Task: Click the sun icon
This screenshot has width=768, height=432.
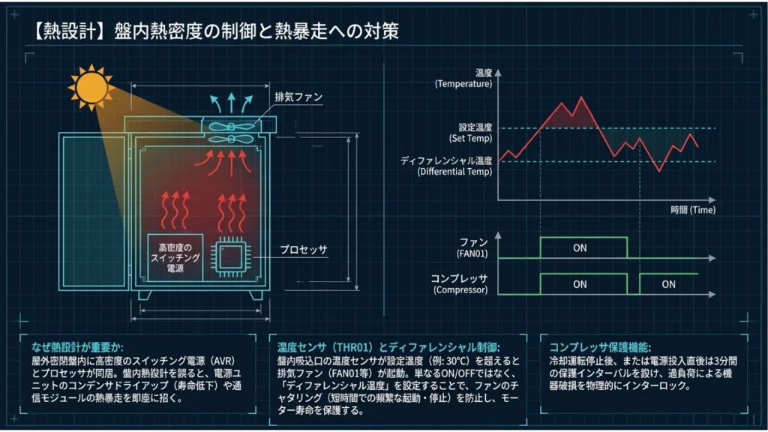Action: tap(91, 88)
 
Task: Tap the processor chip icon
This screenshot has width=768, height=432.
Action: tap(231, 257)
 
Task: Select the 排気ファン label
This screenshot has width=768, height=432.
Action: tap(298, 97)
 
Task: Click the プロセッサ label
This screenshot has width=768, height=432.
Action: tap(303, 249)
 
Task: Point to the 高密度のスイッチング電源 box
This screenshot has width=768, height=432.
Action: tap(175, 258)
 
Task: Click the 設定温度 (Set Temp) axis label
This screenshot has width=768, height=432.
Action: tap(471, 133)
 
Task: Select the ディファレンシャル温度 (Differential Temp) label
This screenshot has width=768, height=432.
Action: tap(446, 166)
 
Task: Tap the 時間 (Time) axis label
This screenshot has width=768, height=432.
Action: tap(693, 210)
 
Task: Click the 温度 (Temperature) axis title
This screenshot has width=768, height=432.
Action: tap(463, 78)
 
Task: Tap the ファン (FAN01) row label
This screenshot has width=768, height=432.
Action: tap(472, 247)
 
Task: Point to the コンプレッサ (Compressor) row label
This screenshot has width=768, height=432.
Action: tap(460, 284)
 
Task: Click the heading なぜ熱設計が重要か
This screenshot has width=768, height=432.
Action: tap(78, 347)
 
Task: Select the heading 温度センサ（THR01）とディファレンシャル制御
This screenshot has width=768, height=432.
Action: tap(388, 347)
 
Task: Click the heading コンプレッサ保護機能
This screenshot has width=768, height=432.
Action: tap(600, 347)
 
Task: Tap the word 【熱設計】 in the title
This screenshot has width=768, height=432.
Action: tap(69, 31)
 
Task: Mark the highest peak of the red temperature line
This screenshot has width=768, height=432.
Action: tap(581, 97)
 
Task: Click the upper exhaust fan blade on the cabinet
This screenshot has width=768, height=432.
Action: tap(231, 127)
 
